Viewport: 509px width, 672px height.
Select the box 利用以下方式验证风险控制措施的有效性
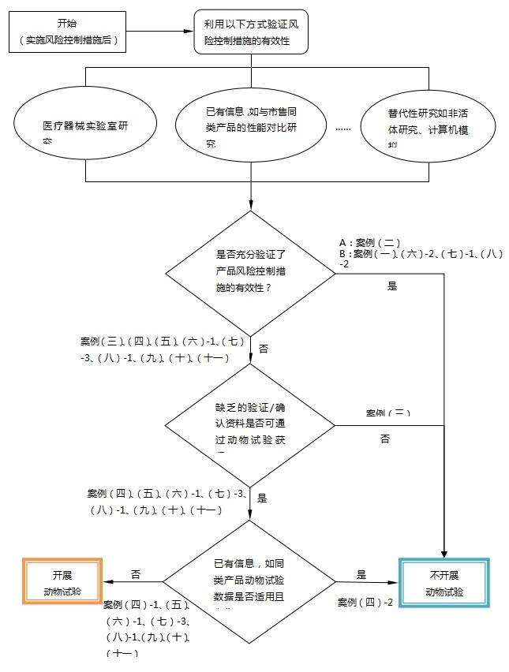click(x=250, y=32)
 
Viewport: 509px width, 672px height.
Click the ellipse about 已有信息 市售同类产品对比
click(x=250, y=125)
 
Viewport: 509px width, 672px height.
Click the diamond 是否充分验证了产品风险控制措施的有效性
click(x=250, y=272)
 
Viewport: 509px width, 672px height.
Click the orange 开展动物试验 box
click(x=62, y=582)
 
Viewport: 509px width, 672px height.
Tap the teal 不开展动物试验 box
click(x=444, y=583)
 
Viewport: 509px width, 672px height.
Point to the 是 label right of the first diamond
click(x=392, y=286)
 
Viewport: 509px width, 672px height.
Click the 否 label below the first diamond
click(x=264, y=349)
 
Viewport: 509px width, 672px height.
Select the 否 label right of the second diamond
click(x=385, y=439)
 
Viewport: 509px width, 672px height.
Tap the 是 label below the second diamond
click(x=263, y=498)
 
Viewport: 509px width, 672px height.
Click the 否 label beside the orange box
click(x=136, y=574)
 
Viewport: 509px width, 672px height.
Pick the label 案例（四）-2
click(x=365, y=602)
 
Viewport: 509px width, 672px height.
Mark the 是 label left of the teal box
click(x=362, y=574)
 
